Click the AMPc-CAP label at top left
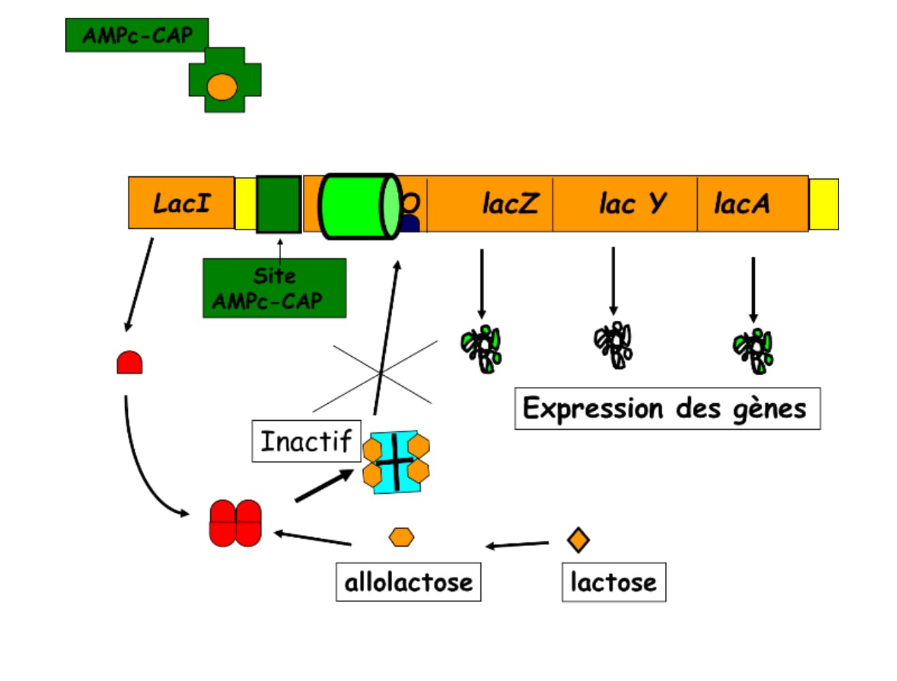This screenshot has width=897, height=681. [137, 35]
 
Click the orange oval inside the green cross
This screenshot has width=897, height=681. [222, 87]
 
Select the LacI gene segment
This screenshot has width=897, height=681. [181, 203]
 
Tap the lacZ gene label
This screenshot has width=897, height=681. [509, 204]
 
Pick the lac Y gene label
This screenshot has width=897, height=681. [632, 204]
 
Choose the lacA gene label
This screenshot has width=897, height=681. [741, 204]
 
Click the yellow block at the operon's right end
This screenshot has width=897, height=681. [823, 204]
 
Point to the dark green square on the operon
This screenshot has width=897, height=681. [278, 204]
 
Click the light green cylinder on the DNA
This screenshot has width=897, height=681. [359, 206]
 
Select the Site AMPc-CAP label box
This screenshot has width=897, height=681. [274, 288]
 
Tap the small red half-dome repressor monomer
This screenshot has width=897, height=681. [129, 363]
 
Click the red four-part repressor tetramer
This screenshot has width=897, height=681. [235, 523]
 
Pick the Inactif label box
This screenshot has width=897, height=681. [306, 441]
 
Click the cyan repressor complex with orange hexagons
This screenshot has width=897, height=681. [395, 462]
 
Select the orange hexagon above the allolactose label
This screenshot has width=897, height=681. [401, 537]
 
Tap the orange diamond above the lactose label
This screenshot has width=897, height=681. [578, 539]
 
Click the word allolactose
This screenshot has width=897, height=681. [408, 582]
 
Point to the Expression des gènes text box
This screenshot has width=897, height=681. [667, 409]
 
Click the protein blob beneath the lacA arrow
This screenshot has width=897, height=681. [753, 350]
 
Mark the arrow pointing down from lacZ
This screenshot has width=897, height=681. [482, 283]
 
